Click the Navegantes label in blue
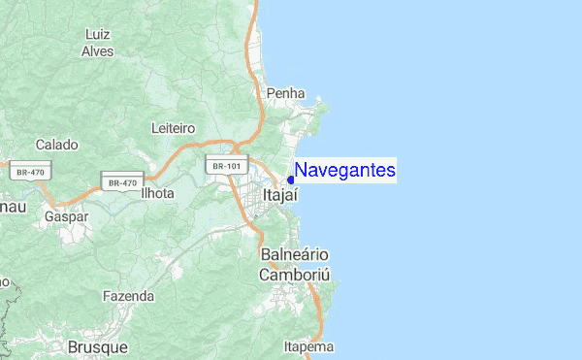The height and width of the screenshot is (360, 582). coord(345,171)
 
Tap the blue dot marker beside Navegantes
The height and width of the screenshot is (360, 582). coord(291,180)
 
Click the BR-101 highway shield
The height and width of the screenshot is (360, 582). coord(226,166)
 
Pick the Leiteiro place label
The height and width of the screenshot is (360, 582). coord(174,128)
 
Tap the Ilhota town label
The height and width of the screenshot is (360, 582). coord(156,193)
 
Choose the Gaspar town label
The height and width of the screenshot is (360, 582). coord(66,216)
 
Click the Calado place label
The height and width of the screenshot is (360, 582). coord(56,145)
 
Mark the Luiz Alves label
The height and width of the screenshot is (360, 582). coord(97,43)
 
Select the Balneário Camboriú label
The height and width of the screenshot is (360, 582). coord(295,264)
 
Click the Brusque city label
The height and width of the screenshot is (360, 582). coord(98,346)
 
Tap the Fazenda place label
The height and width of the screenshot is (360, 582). coord(128,295)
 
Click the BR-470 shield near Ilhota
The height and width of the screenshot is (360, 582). coord(123,181)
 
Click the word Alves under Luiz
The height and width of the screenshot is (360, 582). coord(97,51)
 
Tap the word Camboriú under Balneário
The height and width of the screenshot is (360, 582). coord(295,275)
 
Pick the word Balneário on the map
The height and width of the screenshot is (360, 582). coord(295,254)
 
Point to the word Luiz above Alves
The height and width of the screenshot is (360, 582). coord(97,34)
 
